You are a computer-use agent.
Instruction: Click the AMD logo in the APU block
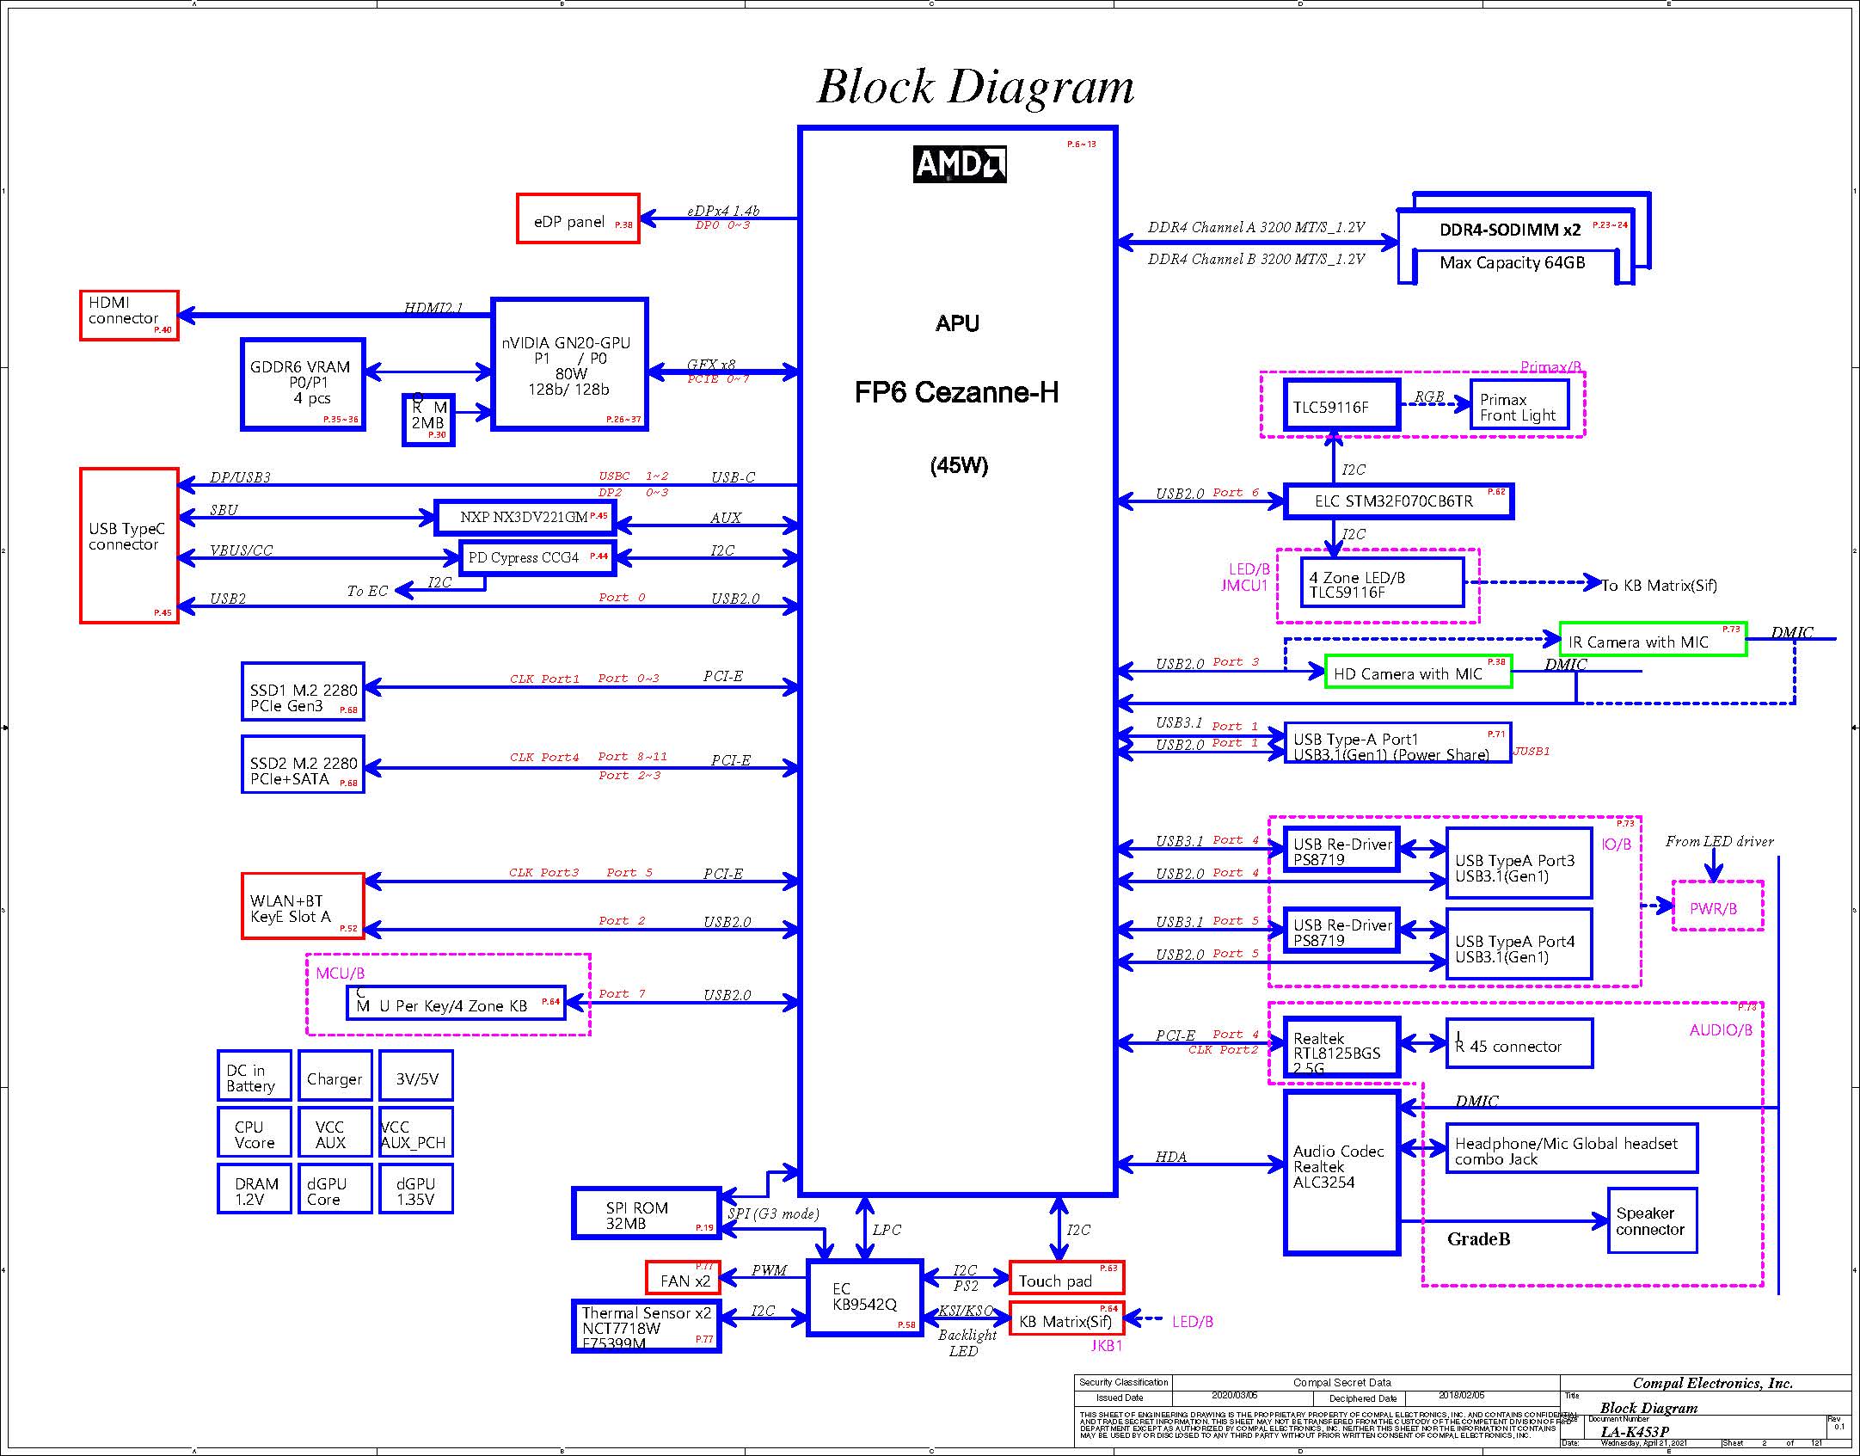[959, 164]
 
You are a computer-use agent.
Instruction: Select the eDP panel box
[578, 219]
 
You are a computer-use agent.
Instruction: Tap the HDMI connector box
[129, 316]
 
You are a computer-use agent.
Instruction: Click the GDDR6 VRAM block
[303, 384]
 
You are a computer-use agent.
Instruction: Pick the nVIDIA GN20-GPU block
[569, 364]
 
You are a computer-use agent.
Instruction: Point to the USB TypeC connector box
[129, 545]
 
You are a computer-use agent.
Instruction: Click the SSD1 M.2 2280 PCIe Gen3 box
[303, 691]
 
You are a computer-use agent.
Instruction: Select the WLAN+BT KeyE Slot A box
[303, 906]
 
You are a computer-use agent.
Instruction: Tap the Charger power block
[335, 1076]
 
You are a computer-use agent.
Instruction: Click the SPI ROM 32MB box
[646, 1213]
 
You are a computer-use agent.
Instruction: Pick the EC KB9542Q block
[864, 1298]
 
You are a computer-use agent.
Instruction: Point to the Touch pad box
[1066, 1278]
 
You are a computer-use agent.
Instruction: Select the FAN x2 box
[683, 1278]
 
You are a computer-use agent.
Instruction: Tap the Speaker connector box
[1651, 1221]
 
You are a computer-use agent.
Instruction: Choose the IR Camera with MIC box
[1652, 640]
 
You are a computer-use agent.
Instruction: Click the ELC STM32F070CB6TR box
[1398, 501]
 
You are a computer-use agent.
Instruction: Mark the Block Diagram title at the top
[975, 87]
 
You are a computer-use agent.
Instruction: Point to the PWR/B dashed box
[1717, 906]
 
